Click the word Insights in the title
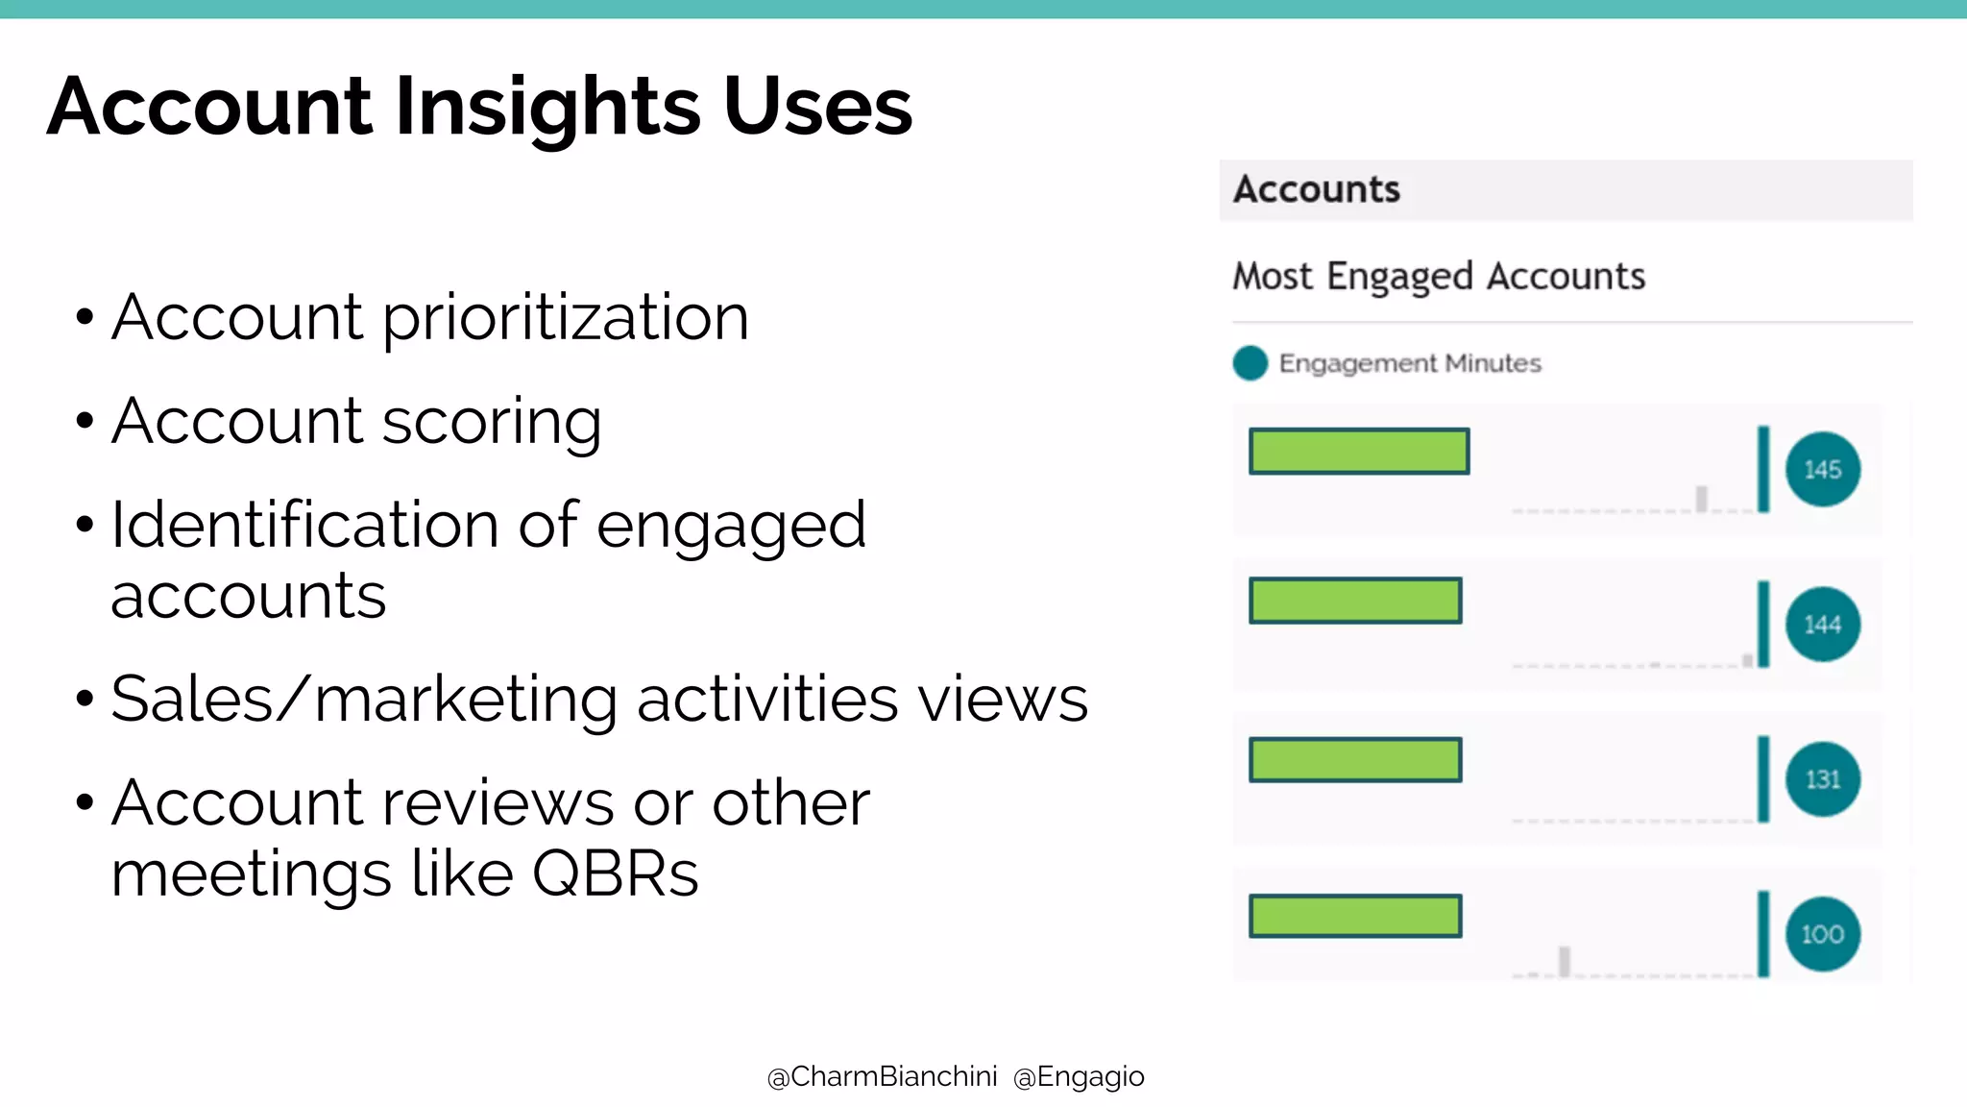click(x=547, y=108)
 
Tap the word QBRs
click(x=615, y=874)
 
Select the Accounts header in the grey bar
click(x=1316, y=189)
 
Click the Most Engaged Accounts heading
click(x=1439, y=277)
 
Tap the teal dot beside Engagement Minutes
click(x=1250, y=363)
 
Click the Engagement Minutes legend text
click(x=1409, y=363)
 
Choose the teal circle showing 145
click(x=1822, y=470)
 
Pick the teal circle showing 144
click(x=1822, y=625)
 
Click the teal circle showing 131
click(x=1822, y=779)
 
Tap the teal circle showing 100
click(x=1822, y=934)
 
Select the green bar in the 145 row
click(x=1358, y=452)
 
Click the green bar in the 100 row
click(x=1354, y=916)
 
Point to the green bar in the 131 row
click(x=1354, y=760)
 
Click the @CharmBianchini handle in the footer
click(x=882, y=1077)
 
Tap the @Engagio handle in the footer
click(x=1079, y=1077)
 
